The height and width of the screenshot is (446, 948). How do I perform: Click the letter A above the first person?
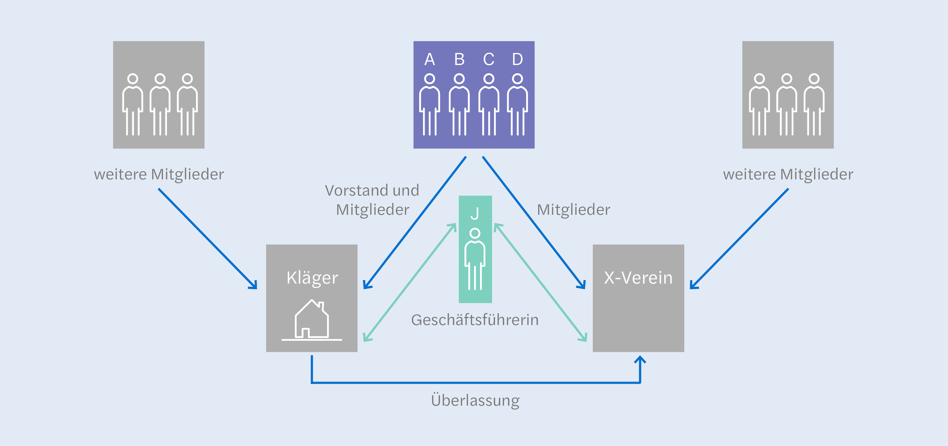pyautogui.click(x=430, y=59)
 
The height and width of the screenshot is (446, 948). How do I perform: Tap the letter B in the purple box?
pyautogui.click(x=459, y=59)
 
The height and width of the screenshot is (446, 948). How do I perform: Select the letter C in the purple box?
pyautogui.click(x=489, y=59)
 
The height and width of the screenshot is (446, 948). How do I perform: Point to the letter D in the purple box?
pyautogui.click(x=517, y=59)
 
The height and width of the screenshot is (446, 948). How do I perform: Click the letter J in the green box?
pyautogui.click(x=475, y=214)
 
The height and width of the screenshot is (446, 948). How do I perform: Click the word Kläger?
pyautogui.click(x=312, y=278)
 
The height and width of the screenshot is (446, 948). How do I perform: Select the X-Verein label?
pyautogui.click(x=638, y=278)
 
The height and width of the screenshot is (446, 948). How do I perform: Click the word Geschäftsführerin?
pyautogui.click(x=475, y=320)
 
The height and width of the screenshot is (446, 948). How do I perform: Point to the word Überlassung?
pyautogui.click(x=475, y=400)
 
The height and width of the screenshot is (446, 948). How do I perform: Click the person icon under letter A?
pyautogui.click(x=430, y=105)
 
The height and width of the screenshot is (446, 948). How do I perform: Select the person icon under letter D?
pyautogui.click(x=517, y=105)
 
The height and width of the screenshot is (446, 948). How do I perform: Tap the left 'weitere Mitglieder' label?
pyautogui.click(x=159, y=174)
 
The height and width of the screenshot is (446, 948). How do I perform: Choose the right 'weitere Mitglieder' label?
pyautogui.click(x=788, y=174)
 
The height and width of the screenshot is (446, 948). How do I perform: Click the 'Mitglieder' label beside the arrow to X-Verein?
pyautogui.click(x=573, y=210)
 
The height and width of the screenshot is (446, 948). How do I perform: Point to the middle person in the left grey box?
pyautogui.click(x=160, y=105)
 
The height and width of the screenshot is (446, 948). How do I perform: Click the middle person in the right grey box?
pyautogui.click(x=787, y=105)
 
